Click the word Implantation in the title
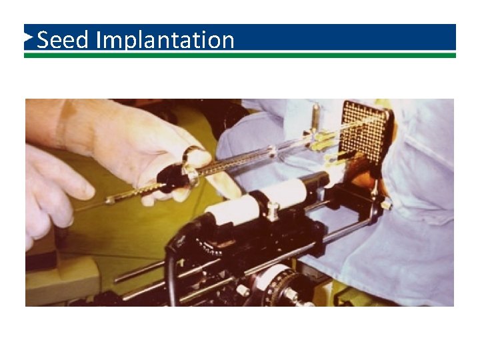click(165, 41)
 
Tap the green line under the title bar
click(240, 55)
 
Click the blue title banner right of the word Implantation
click(347, 37)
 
